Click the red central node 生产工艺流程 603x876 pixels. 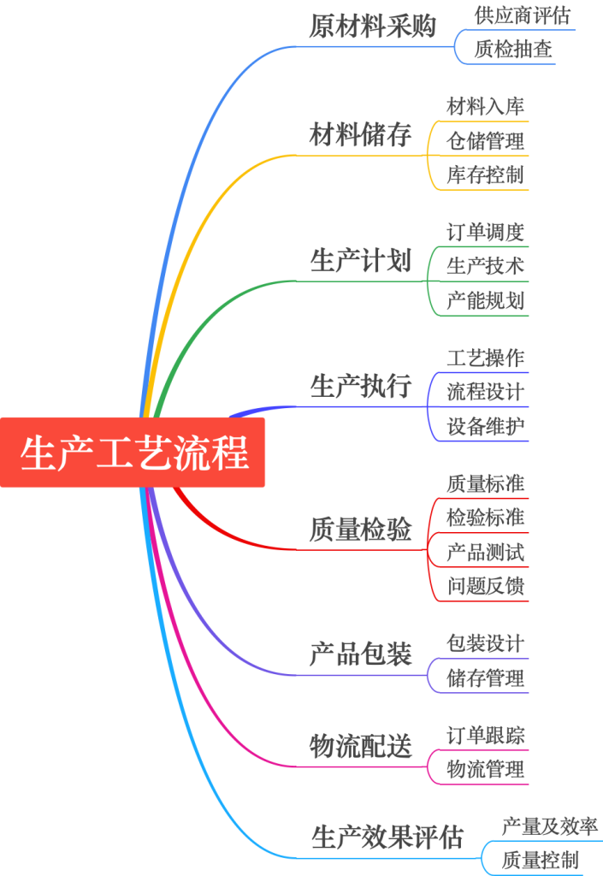133,453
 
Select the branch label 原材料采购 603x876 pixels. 372,27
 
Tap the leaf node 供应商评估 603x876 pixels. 522,15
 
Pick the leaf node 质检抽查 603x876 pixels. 514,50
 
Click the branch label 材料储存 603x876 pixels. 360,135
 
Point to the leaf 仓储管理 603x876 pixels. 485,140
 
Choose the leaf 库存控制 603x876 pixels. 485,175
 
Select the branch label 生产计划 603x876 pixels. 360,261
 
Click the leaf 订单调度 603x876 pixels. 485,232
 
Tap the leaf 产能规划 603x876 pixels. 485,301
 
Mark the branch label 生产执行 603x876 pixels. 360,387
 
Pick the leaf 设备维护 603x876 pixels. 485,426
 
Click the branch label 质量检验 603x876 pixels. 360,530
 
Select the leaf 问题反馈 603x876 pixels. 485,587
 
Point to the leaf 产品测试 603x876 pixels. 485,553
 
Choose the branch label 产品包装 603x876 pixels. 360,655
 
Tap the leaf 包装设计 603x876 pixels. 485,643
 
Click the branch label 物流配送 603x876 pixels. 360,747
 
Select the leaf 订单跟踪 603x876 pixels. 485,735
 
